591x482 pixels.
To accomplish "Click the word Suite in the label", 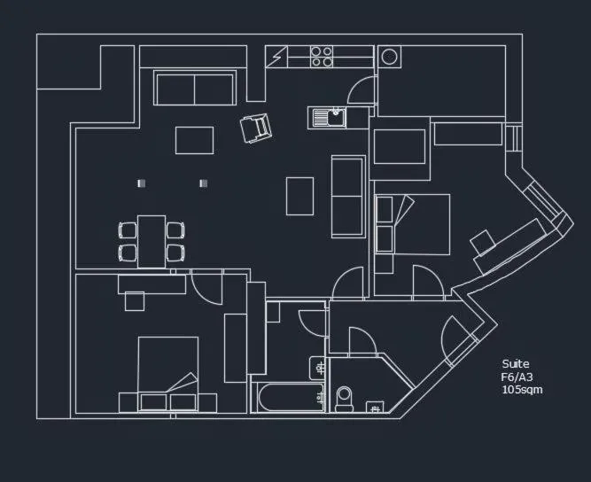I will [515, 364].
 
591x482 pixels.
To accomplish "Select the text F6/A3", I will [517, 377].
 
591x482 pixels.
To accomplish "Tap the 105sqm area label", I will [522, 389].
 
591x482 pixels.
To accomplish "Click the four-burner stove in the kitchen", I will [323, 57].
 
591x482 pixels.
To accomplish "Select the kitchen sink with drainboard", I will [329, 116].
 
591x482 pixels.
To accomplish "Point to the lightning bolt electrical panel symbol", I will [278, 57].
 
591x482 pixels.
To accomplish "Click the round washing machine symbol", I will [388, 57].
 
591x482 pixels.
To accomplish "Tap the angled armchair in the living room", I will [256, 128].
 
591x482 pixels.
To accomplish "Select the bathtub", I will [288, 397].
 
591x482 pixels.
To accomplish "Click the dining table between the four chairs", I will [152, 241].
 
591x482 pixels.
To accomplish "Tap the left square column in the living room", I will [140, 183].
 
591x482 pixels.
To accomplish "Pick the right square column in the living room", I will [203, 183].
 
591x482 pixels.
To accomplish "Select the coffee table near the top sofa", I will [194, 140].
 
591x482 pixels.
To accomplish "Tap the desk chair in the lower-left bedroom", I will [135, 301].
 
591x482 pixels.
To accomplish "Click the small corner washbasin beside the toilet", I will [375, 408].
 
